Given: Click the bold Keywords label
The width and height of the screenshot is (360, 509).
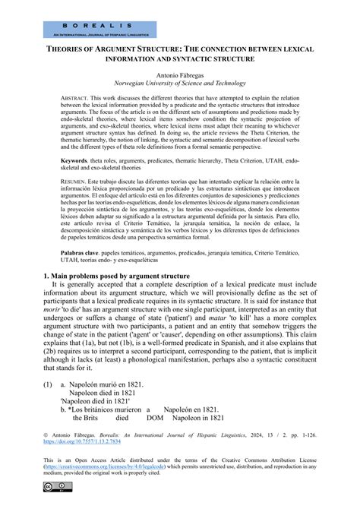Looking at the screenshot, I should click(x=77, y=183).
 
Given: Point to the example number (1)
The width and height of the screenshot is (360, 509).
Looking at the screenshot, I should click(x=48, y=407).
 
